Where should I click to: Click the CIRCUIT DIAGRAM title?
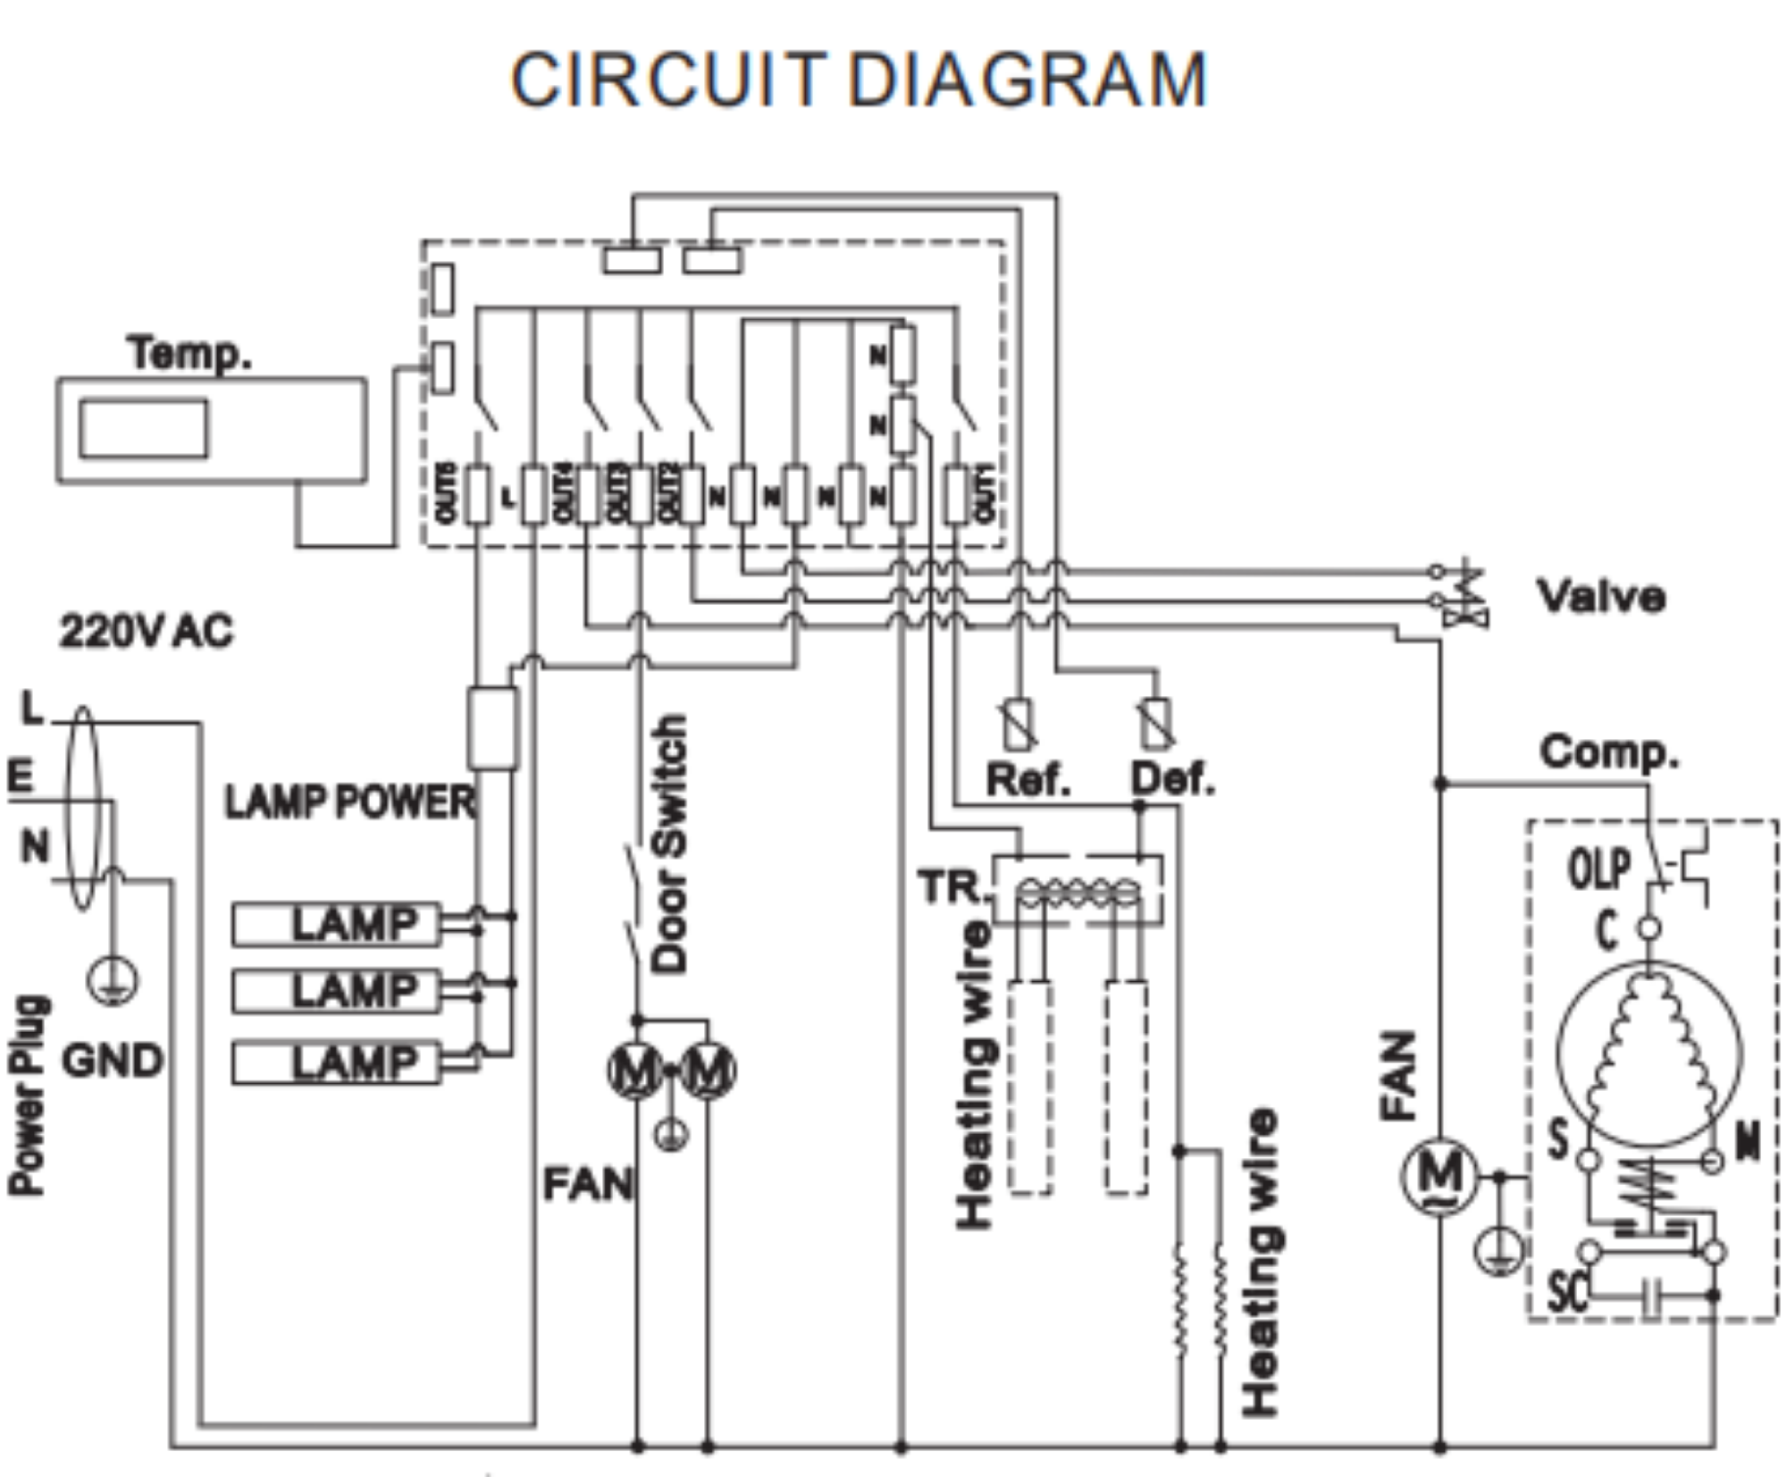pos(858,80)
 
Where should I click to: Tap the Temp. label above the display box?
pos(189,353)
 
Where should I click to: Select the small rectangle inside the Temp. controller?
pos(144,429)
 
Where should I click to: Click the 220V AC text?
pos(147,631)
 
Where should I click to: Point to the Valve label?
pos(1600,596)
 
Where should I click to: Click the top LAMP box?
pos(336,924)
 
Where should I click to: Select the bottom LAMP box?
pos(336,1063)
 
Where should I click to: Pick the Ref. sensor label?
pos(1028,779)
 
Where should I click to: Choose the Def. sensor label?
pos(1173,779)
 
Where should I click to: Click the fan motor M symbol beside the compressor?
pos(1439,1177)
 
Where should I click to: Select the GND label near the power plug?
pos(113,1061)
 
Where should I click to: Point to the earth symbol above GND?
pos(113,981)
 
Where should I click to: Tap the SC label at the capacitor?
pos(1568,1291)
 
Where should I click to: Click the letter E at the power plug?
pos(20,776)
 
